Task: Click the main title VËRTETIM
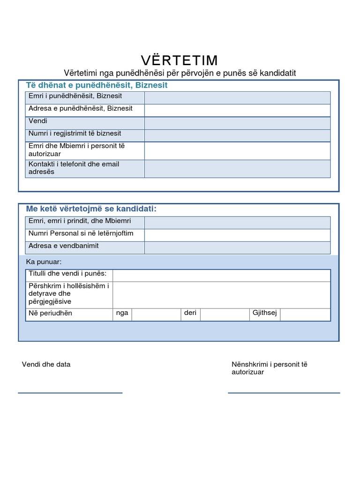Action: pyautogui.click(x=180, y=60)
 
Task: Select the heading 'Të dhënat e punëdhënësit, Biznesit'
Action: pyautogui.click(x=97, y=85)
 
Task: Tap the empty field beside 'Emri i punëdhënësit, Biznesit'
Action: pyautogui.click(x=237, y=97)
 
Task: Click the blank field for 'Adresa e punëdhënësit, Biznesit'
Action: pyautogui.click(x=237, y=110)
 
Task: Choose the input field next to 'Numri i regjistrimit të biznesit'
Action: pyautogui.click(x=237, y=135)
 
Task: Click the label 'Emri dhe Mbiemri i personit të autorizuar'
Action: pyautogui.click(x=76, y=150)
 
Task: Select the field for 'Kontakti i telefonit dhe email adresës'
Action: pyautogui.click(x=237, y=169)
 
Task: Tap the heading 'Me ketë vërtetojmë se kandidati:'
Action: pyautogui.click(x=91, y=209)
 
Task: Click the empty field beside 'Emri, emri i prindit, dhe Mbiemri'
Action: pyautogui.click(x=237, y=223)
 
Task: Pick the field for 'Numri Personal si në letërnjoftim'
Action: pyautogui.click(x=237, y=235)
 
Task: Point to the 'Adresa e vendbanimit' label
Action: pyautogui.click(x=64, y=246)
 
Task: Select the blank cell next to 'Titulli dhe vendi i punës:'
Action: pyautogui.click(x=221, y=275)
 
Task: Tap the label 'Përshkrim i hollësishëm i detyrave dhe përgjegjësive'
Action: pyautogui.click(x=68, y=294)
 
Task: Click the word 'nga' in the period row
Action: pyautogui.click(x=122, y=313)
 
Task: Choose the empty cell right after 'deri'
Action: pyautogui.click(x=224, y=315)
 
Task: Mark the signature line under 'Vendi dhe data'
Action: pyautogui.click(x=70, y=393)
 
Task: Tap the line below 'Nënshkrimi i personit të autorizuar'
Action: pyautogui.click(x=284, y=393)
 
